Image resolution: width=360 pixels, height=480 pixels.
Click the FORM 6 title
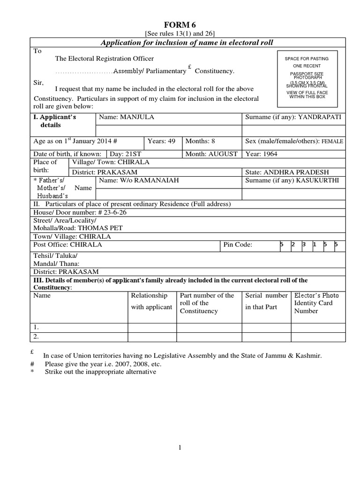tap(180, 25)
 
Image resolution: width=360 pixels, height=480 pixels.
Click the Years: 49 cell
tap(162, 141)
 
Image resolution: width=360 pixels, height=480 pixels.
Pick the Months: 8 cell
tap(201, 141)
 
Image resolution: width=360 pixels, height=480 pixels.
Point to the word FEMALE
tap(332, 142)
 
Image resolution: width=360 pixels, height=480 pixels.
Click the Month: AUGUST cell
tap(211, 154)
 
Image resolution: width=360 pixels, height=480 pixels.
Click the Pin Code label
tap(238, 245)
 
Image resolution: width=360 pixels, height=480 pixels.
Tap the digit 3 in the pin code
tap(304, 245)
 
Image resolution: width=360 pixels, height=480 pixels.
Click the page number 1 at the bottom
tap(180, 448)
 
